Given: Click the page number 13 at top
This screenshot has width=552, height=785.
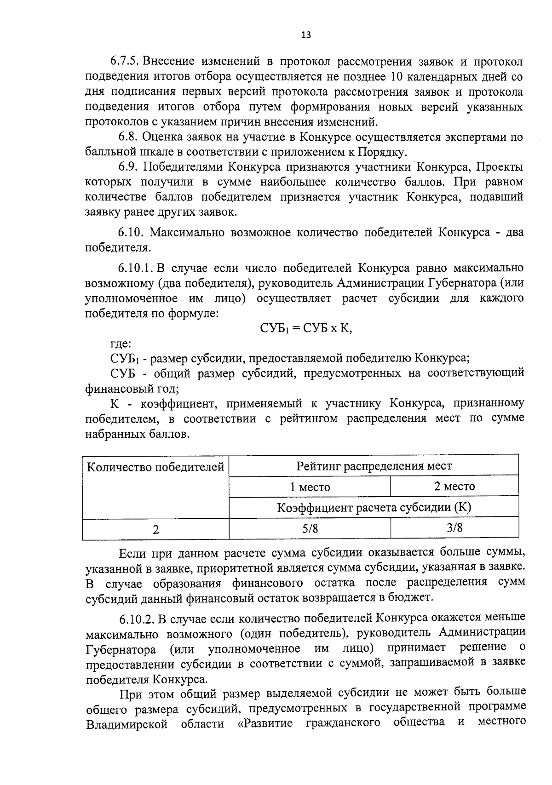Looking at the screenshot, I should pyautogui.click(x=305, y=35).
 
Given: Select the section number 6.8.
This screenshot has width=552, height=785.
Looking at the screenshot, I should pyautogui.click(x=127, y=137).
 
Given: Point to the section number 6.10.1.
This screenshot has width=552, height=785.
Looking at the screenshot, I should pyautogui.click(x=135, y=268).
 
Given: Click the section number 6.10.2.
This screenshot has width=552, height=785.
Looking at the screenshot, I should pyautogui.click(x=136, y=619).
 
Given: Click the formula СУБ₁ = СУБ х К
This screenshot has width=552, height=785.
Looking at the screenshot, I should pyautogui.click(x=305, y=328).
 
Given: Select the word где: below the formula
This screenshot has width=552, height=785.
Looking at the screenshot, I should pyautogui.click(x=121, y=343).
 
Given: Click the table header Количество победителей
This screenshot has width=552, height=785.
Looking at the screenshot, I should pyautogui.click(x=155, y=468).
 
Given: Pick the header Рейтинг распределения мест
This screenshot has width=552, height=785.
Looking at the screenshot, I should pyautogui.click(x=374, y=466).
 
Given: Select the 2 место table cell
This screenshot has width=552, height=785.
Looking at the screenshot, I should pyautogui.click(x=454, y=487).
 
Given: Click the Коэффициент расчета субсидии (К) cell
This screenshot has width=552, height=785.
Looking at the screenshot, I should pyautogui.click(x=374, y=508).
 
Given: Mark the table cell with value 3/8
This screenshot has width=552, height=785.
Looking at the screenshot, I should pyautogui.click(x=454, y=528).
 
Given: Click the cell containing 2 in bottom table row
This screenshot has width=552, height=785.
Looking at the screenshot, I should pyautogui.click(x=155, y=529).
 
